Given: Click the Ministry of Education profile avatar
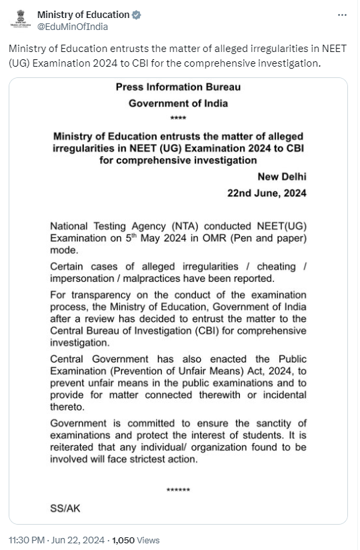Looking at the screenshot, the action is [21, 20].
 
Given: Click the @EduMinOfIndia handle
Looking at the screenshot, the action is [72, 27].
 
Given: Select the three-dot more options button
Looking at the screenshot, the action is [342, 15].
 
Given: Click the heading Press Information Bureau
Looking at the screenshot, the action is [178, 87].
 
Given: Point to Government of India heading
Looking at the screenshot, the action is [178, 103].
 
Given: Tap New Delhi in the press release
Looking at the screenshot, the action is [282, 176].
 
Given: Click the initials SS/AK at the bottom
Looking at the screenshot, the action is [64, 507].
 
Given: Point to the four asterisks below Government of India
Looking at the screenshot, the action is [179, 119].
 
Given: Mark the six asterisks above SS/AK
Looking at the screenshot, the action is [178, 491].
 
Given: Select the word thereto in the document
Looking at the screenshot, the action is [66, 407].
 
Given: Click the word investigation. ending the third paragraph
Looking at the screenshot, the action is [79, 343].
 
